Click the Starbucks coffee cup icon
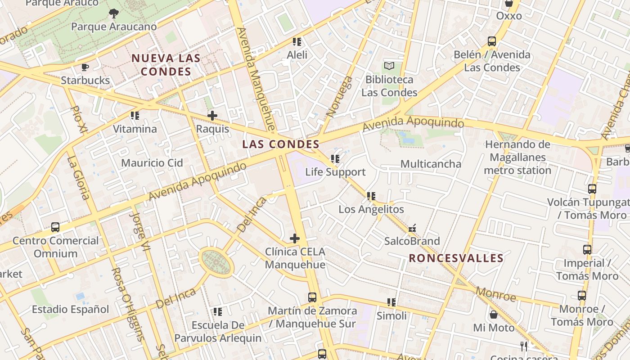(x=85, y=67)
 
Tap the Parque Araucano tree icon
(x=114, y=13)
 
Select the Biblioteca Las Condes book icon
(x=389, y=66)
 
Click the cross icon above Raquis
(x=212, y=116)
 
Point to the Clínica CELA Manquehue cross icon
(x=295, y=238)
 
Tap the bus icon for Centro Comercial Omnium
(x=55, y=227)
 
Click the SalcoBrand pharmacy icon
(x=412, y=228)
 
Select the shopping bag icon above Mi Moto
(x=494, y=315)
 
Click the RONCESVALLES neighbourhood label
(x=456, y=258)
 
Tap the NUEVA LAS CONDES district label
(x=166, y=65)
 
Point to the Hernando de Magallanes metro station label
(x=517, y=157)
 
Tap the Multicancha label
(x=431, y=164)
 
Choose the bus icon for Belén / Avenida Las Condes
(x=492, y=42)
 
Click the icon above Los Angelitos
(x=371, y=196)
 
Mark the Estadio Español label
(x=70, y=310)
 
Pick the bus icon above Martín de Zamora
(x=312, y=297)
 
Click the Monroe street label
(x=496, y=295)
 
